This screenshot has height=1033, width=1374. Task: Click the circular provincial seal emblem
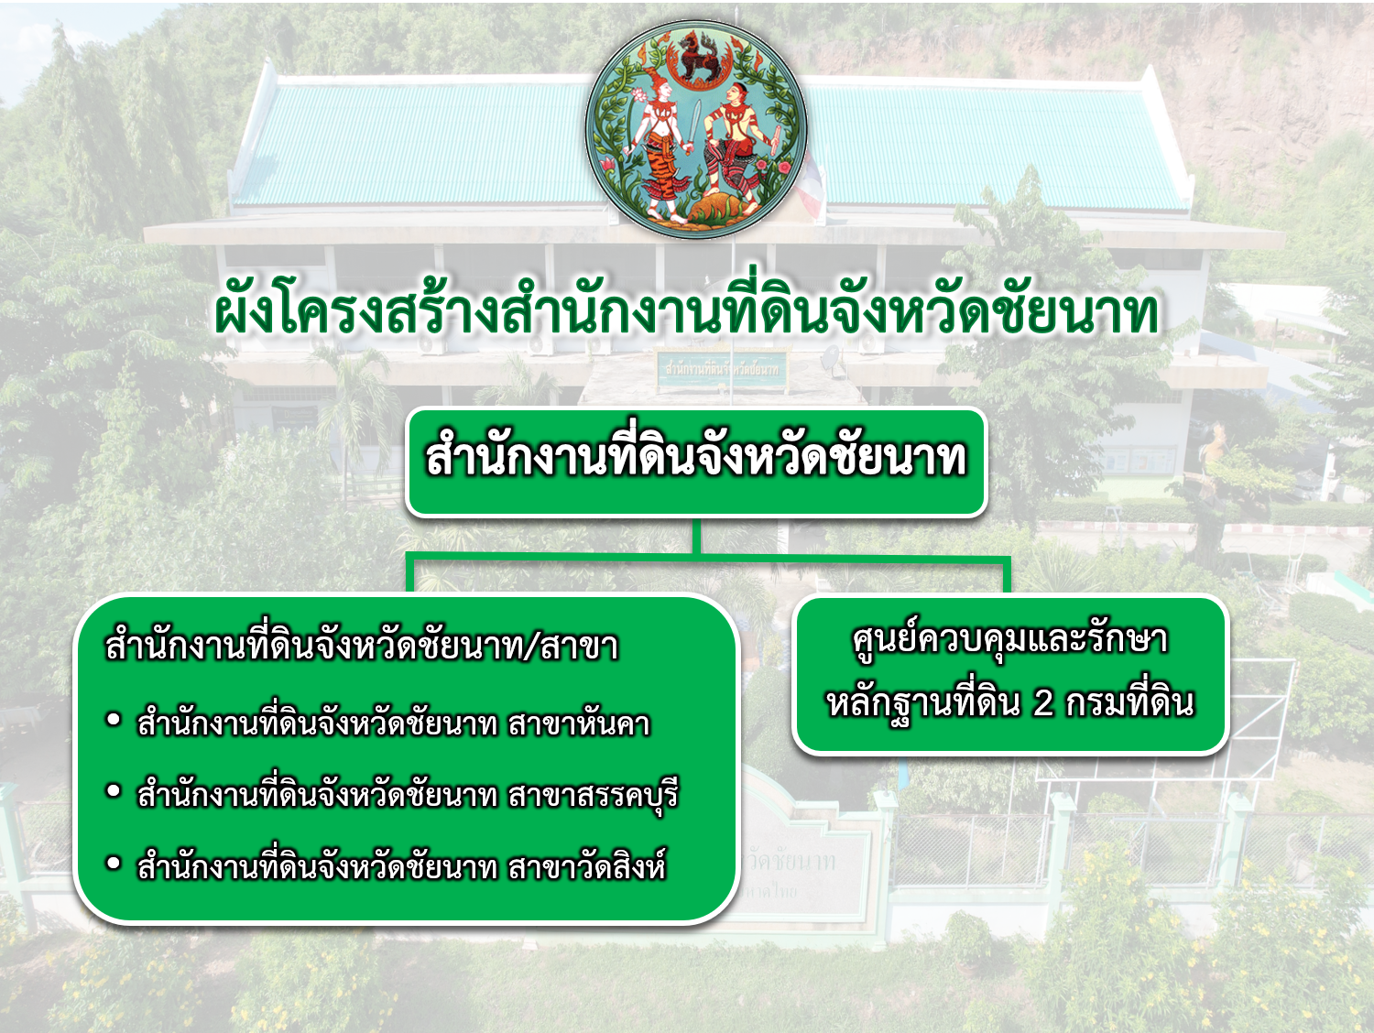(695, 129)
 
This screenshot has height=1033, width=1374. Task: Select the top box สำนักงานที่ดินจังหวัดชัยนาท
(696, 462)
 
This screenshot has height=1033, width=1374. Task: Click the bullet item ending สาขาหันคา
(393, 723)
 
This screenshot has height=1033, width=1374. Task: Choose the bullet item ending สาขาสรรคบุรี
(408, 795)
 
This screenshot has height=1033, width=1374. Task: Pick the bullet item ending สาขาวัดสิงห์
(401, 866)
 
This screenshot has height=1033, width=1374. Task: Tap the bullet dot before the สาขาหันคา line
(114, 720)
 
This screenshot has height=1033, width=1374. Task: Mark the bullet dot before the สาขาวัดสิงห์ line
(114, 864)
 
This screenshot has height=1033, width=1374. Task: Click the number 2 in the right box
(1042, 702)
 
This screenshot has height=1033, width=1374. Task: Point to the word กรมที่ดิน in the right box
(1130, 702)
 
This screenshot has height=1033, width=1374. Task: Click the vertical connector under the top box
(696, 536)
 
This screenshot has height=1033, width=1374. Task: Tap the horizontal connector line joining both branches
(708, 556)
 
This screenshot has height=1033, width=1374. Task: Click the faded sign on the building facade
(722, 369)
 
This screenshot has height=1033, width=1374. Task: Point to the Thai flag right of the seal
(812, 185)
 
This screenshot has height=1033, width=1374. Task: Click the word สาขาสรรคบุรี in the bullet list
(594, 795)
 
